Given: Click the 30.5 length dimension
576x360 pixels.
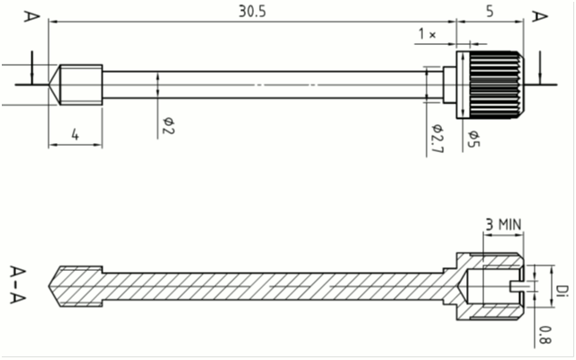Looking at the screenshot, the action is coord(252,12).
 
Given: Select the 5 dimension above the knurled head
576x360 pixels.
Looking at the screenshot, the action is coord(490,12).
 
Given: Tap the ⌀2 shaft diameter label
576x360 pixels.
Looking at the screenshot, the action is coord(168,126).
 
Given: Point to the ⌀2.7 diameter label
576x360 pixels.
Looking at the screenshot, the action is coord(437,139).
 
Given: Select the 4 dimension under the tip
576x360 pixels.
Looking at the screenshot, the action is coord(75,135).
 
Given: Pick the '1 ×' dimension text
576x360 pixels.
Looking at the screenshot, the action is coord(427,34).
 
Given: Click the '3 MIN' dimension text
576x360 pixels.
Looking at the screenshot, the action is coord(503,224).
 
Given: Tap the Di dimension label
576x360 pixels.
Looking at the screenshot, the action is coord(561,290).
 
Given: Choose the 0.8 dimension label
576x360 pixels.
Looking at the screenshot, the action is coord(544,335).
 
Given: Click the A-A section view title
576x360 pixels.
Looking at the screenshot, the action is coord(18,284).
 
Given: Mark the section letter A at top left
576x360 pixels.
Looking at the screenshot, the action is coord(31,16).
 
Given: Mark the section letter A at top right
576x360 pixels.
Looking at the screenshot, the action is coord(540,16).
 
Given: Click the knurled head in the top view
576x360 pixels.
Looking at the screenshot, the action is coord(490,85).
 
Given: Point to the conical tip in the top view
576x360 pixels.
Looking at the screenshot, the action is coord(54,85).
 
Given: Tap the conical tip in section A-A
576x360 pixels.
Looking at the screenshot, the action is coord(54,286).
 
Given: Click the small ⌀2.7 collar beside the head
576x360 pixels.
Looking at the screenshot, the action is coord(450,85).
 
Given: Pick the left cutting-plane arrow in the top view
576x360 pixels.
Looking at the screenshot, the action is coord(32,67).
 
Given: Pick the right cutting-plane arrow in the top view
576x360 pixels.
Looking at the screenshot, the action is coord(540,67).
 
